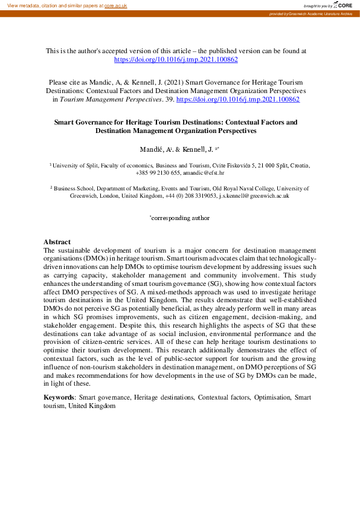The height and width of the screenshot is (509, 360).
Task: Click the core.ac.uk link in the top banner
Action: click(115, 5)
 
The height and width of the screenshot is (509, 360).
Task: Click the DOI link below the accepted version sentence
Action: click(176, 60)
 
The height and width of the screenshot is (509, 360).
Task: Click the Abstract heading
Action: click(57, 242)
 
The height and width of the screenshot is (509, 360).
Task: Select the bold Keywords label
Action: click(60, 397)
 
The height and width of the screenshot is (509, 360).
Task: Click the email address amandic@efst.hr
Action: click(197, 172)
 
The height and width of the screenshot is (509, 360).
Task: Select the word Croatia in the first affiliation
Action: click(299, 164)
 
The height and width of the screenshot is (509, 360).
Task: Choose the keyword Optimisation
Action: click(269, 397)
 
